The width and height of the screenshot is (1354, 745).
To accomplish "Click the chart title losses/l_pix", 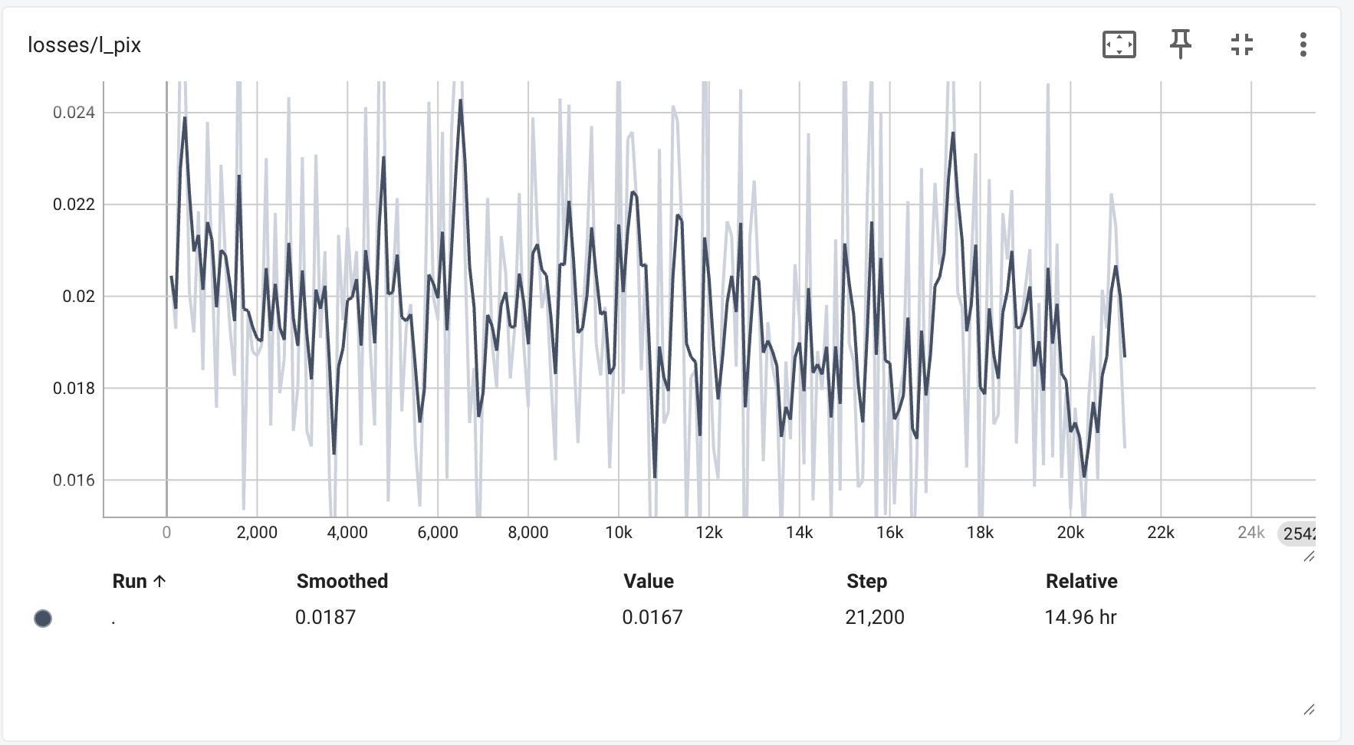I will tap(84, 45).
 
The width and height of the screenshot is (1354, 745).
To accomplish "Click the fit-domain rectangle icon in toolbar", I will tap(1119, 44).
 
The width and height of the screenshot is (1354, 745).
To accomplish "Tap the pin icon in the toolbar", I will tap(1180, 44).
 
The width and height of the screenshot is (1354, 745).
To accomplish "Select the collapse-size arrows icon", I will tap(1241, 44).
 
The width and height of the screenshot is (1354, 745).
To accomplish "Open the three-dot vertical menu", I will tap(1303, 44).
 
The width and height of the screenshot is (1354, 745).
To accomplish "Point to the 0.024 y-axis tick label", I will tap(74, 113).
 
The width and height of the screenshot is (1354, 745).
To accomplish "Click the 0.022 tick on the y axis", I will tap(74, 205).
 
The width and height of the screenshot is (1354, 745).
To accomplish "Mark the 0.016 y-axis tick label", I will tap(74, 481).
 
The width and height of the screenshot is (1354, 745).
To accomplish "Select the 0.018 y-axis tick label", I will tap(74, 389).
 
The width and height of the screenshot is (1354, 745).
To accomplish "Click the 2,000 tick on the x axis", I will tap(257, 533).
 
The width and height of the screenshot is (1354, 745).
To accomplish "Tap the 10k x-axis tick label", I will tap(619, 533).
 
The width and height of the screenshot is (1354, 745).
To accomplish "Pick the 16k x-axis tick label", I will tap(889, 533).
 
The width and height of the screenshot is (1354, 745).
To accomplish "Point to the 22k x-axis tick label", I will tap(1161, 533).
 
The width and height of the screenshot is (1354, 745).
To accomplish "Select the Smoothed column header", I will tap(342, 581).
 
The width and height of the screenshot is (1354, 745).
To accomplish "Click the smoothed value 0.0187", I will tap(325, 617).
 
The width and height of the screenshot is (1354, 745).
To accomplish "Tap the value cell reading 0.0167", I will tap(652, 617).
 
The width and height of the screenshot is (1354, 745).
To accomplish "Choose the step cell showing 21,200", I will tap(874, 617).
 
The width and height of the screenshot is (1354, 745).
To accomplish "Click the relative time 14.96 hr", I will tap(1080, 617).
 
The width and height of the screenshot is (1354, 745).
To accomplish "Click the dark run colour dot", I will tap(43, 619).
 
